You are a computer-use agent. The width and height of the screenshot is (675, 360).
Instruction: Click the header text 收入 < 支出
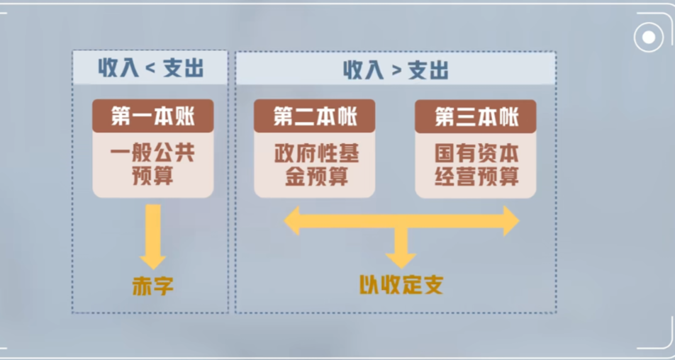pos(150,69)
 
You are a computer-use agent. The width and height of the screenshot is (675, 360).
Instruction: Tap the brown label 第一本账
pos(152,116)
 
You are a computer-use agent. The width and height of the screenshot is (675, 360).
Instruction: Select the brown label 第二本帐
pos(315,116)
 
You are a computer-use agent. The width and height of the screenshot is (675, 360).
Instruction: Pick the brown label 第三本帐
pos(476,116)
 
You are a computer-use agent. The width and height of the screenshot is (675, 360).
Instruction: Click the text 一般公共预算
pos(152,164)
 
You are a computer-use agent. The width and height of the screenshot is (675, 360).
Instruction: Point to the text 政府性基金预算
pos(315,164)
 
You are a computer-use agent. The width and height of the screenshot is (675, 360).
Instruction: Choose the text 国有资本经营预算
pos(476,164)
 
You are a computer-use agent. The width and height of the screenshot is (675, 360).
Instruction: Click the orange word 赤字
pos(152,286)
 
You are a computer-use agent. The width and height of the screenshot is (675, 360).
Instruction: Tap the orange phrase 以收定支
pos(401,285)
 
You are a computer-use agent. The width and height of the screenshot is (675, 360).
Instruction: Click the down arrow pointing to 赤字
pos(152,237)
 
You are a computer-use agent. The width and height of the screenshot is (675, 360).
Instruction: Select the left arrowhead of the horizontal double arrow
pos(293,221)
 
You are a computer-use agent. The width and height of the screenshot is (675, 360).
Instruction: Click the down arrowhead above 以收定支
pos(401,257)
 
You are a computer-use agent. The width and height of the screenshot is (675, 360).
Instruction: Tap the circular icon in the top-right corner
pos(647,37)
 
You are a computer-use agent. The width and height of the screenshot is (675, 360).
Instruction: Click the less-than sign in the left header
pos(150,69)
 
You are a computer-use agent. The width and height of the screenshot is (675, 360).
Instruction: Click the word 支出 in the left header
pos(183,69)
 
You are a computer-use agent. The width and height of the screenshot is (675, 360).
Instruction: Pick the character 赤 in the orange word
pos(142,286)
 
